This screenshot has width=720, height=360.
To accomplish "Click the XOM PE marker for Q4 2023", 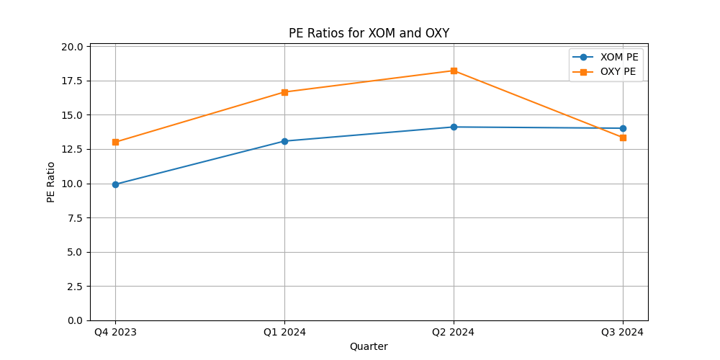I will [115, 184].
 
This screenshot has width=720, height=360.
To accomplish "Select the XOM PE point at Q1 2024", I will [284, 141].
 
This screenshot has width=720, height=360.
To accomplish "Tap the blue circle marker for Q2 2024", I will [454, 127].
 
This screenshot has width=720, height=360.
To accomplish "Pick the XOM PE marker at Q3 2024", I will [623, 128].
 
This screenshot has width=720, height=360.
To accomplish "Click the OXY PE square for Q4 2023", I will [115, 142].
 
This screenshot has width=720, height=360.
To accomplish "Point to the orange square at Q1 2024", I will [284, 92].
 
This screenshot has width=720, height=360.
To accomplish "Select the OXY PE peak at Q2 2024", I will [454, 71].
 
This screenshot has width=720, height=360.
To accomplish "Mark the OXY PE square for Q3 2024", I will [623, 138].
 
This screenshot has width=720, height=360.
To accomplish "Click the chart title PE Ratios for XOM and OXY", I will [369, 33].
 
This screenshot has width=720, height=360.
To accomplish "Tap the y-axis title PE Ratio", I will [51, 181].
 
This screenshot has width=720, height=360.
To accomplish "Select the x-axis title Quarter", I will [369, 346].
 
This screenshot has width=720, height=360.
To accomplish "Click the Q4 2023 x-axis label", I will [115, 332].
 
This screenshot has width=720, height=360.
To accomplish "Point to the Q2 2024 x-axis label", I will [454, 332].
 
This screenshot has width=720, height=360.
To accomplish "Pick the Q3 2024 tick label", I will [623, 332].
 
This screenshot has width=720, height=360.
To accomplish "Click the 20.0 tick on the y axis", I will [72, 47].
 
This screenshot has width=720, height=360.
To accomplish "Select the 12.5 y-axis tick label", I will [72, 149].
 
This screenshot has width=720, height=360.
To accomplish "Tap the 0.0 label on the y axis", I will [75, 320].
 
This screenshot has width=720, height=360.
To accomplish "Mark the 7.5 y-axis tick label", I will [75, 217].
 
